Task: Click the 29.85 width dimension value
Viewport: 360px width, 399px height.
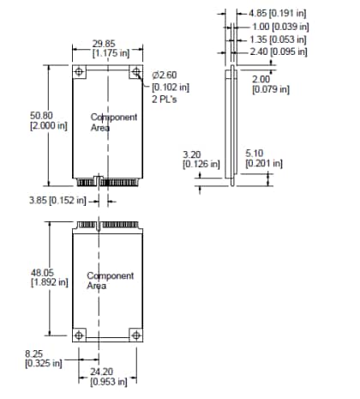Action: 103,43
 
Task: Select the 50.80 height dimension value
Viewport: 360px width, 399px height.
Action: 41,113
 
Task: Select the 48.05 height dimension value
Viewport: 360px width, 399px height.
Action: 41,272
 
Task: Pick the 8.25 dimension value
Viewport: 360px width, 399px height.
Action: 35,353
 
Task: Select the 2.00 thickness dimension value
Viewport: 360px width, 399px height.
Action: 260,80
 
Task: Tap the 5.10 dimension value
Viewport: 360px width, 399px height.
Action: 254,154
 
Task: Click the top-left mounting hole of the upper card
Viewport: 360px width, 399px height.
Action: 79,72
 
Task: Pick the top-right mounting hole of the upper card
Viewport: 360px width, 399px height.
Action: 135,72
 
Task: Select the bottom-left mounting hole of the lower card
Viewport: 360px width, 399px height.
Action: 79,334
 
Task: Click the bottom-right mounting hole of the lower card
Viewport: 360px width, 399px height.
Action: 135,334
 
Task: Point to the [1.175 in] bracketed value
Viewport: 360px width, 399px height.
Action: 109,52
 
